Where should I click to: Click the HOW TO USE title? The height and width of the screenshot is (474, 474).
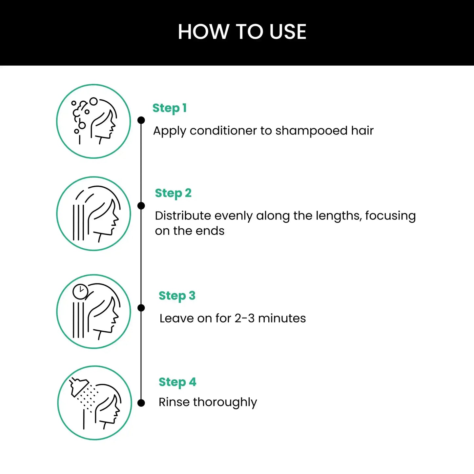(242, 32)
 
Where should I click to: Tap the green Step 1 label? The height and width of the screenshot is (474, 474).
(170, 108)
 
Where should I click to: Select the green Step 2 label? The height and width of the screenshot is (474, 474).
(173, 193)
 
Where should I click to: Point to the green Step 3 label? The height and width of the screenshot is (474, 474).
(177, 296)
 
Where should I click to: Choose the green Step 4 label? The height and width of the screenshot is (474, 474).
(177, 382)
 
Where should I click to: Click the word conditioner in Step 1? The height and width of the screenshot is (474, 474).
(223, 131)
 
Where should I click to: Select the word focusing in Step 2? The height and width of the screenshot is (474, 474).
(390, 216)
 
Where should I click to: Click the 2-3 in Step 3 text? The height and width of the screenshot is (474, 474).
(244, 318)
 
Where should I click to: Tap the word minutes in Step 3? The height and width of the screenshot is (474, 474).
(282, 318)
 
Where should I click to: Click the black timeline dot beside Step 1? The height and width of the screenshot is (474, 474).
(141, 120)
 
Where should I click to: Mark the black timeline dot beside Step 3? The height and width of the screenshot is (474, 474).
(141, 308)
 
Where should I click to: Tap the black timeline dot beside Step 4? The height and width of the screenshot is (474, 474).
(141, 403)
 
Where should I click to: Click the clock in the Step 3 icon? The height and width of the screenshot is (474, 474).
(80, 292)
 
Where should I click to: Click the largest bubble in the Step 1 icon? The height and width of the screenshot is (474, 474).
(93, 101)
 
